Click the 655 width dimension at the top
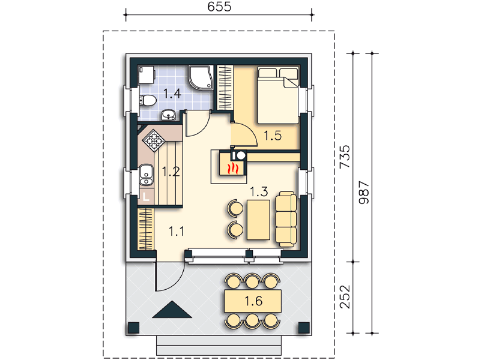click(219, 7)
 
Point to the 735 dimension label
click(345, 156)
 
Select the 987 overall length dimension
click(364, 192)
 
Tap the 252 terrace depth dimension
click(345, 296)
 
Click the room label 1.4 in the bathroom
click(172, 94)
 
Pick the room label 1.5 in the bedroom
click(273, 136)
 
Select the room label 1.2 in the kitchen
click(171, 172)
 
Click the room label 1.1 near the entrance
click(177, 231)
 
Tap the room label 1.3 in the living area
click(259, 192)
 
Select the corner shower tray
click(201, 77)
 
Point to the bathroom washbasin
click(168, 115)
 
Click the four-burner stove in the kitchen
click(154, 141)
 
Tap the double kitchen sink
click(147, 175)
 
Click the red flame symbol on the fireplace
click(232, 169)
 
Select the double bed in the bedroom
click(277, 95)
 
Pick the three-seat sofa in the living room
click(286, 219)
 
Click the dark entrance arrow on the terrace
click(172, 310)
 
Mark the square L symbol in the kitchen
click(146, 196)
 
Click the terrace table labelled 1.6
click(253, 301)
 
